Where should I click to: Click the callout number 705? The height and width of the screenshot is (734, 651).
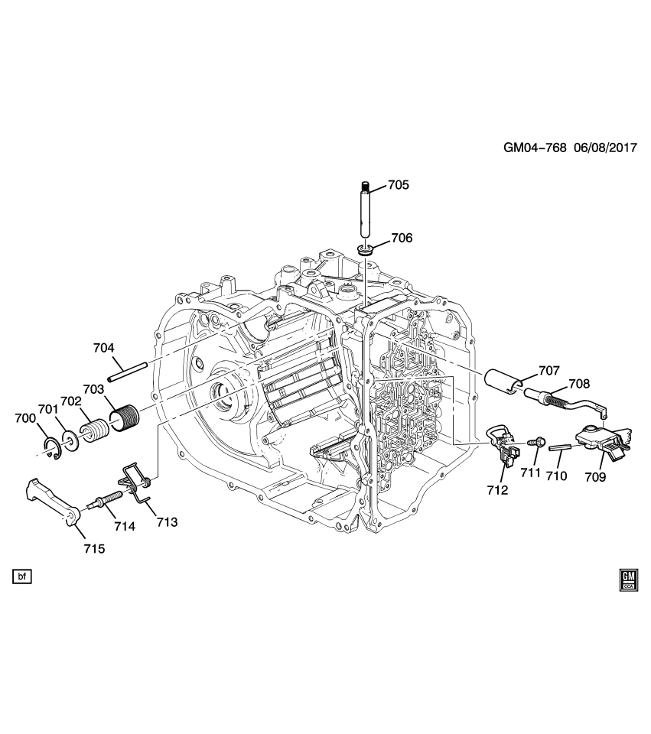398,185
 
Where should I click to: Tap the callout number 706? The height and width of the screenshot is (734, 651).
402,239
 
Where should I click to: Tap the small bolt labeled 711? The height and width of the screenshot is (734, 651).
535,441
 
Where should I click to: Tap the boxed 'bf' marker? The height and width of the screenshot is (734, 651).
22,576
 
